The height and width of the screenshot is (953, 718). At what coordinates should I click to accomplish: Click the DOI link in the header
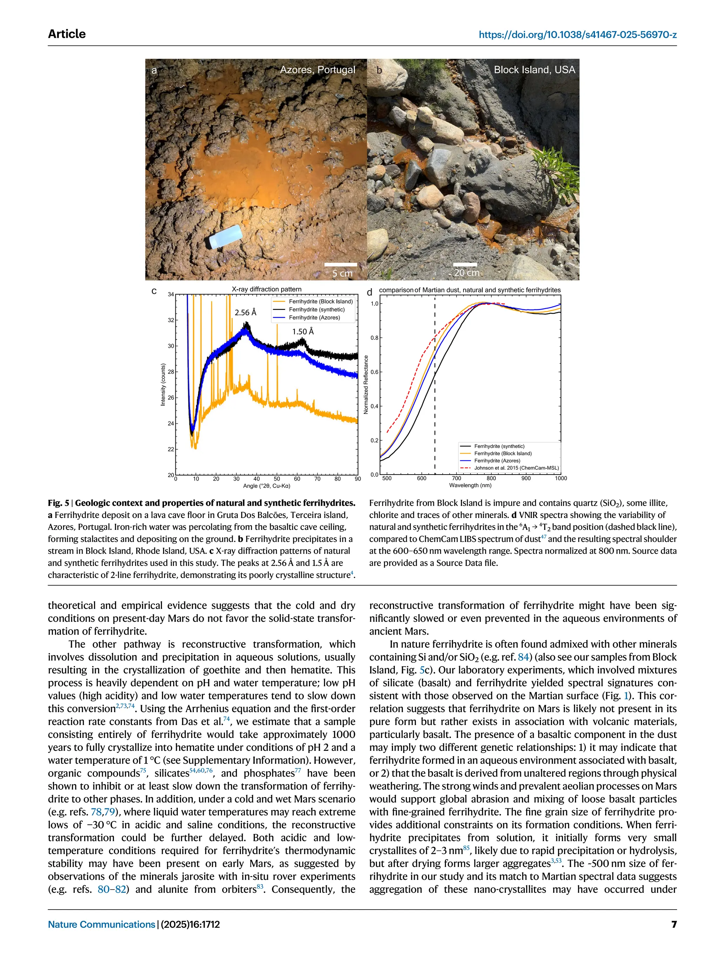(577, 34)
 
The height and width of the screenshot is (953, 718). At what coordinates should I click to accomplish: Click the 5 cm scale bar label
(342, 273)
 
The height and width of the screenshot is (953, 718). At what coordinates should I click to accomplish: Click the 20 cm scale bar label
(467, 273)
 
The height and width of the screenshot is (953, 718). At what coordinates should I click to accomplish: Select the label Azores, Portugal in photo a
(317, 70)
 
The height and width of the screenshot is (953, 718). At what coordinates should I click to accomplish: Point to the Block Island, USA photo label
(534, 70)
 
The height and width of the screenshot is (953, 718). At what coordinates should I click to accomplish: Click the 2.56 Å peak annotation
(245, 312)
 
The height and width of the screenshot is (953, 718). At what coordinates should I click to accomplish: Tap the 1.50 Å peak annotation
(303, 331)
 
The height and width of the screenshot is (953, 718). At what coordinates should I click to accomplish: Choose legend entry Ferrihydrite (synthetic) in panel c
(317, 309)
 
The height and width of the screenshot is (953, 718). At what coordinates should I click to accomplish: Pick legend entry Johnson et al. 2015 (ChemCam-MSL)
(516, 468)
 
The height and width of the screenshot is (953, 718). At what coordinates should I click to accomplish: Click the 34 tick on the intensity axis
(171, 295)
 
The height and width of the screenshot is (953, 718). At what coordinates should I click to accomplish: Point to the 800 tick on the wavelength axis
(491, 478)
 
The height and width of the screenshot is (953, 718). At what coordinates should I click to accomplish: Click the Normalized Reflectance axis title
(366, 384)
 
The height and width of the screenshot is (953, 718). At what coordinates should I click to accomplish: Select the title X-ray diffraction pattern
(266, 289)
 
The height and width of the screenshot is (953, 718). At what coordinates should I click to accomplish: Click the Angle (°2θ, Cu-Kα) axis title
(266, 486)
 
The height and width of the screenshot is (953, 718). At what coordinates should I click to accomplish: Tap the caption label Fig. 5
(58, 503)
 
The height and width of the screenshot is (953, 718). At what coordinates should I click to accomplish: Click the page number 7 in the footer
(673, 924)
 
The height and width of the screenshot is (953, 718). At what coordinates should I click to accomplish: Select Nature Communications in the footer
(101, 924)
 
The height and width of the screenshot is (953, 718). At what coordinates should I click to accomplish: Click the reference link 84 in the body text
(523, 657)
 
